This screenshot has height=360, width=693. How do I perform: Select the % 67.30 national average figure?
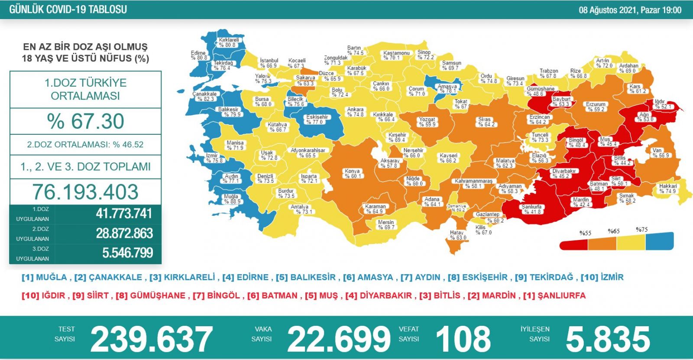click(85, 121)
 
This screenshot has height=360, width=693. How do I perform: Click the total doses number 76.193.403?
click(85, 192)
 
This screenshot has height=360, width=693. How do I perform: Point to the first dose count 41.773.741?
click(124, 214)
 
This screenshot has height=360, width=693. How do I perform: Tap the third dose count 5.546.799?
click(127, 253)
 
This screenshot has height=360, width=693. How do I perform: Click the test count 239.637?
click(151, 339)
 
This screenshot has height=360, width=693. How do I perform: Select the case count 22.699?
click(339, 339)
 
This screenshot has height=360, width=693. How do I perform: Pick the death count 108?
click(463, 339)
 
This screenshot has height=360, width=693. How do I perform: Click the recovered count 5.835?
click(608, 339)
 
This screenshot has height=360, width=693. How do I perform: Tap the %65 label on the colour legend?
click(614, 231)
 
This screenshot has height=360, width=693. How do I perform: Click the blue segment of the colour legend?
click(659, 242)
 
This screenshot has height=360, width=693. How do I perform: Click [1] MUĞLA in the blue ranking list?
click(44, 277)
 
